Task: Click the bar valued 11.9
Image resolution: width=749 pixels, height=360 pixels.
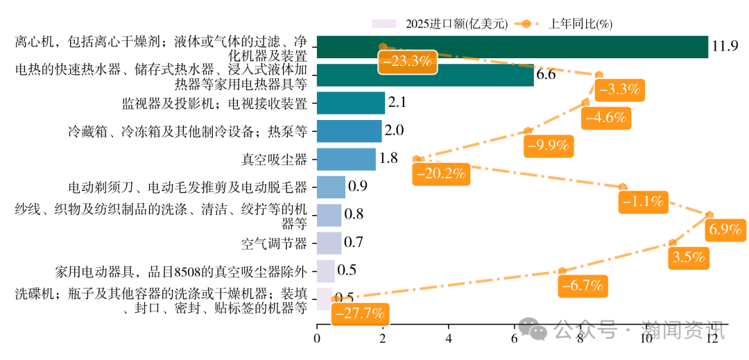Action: pos(512,47)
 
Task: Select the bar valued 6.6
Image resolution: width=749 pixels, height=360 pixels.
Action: pos(425,75)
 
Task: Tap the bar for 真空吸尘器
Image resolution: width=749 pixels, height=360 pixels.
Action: pos(346,159)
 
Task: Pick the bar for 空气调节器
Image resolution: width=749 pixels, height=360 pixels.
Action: pos(329,243)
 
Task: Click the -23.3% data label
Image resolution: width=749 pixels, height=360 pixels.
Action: pos(408,61)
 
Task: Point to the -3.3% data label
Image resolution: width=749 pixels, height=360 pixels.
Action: pos(619,89)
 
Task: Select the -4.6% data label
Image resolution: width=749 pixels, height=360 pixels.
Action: pos(605,117)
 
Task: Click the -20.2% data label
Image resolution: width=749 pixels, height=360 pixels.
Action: pos(439,173)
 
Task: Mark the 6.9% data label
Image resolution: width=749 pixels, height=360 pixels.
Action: pos(725,230)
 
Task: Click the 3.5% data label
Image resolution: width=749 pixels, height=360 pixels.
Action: pos(689,257)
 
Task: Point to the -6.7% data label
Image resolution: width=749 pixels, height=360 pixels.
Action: pos(583,285)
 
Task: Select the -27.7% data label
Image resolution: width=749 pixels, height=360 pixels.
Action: pos(359,313)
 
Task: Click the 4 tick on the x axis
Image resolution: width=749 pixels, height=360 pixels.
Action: pos(449,338)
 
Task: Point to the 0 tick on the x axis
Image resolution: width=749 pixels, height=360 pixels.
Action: pos(317,338)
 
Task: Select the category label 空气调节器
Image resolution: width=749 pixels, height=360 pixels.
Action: pos(273,243)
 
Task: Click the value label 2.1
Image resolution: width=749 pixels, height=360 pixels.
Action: pos(397,103)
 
